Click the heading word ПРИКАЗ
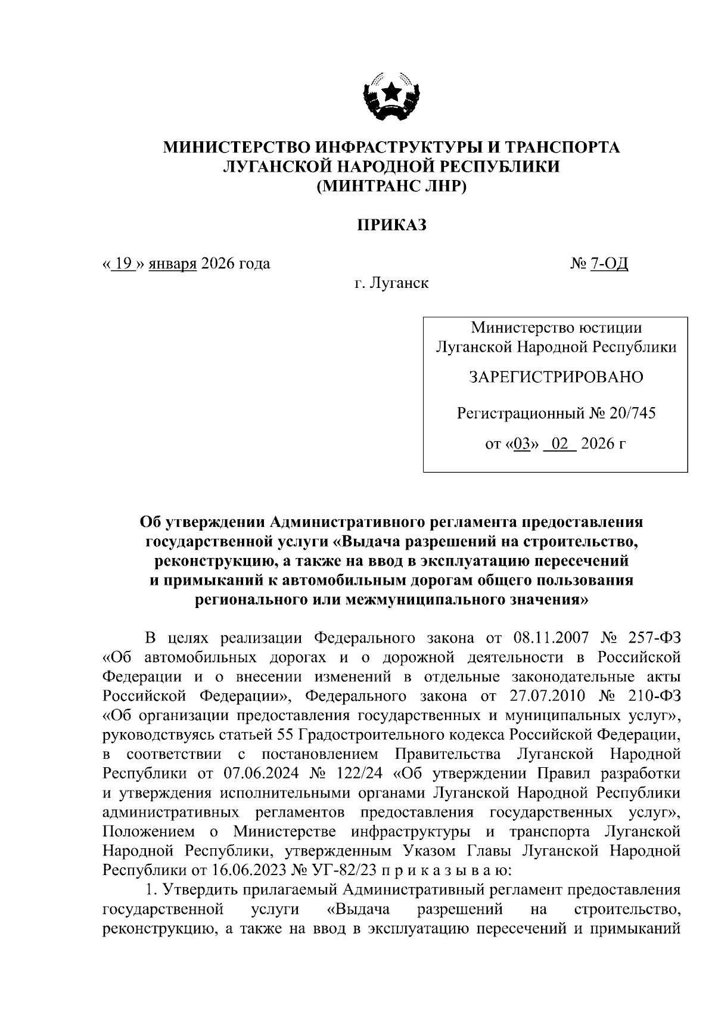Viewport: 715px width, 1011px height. click(x=391, y=226)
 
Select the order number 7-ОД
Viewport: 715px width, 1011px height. click(x=610, y=263)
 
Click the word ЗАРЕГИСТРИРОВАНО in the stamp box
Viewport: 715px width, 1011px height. click(x=556, y=377)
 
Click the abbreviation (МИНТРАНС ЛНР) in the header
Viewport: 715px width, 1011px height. click(x=391, y=187)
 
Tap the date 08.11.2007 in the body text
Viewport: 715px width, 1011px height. click(x=550, y=638)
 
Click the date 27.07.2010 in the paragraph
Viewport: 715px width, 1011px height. click(x=549, y=696)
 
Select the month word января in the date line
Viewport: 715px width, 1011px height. click(x=173, y=263)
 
